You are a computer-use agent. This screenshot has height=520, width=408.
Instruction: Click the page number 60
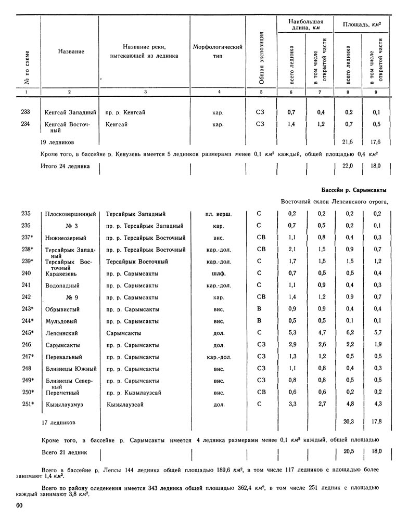tap(19, 505)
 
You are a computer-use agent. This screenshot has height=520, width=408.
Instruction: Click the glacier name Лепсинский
tap(65, 333)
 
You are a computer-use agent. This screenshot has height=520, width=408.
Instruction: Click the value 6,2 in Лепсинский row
tap(350, 333)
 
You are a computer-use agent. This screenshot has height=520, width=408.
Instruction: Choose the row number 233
tap(26, 112)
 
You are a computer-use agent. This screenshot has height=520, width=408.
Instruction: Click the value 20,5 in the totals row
tap(349, 452)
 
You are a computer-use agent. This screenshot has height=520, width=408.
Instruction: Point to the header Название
tap(71, 52)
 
